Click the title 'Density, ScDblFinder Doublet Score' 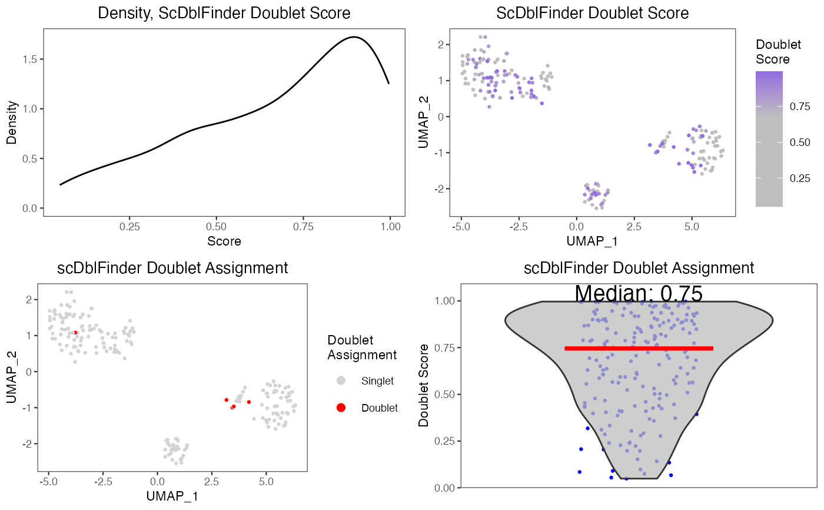coord(224,13)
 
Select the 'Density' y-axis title coord(12,123)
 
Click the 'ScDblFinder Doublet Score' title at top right coord(592,13)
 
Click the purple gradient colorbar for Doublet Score coord(769,139)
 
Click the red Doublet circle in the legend coord(341,408)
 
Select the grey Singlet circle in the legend coord(341,381)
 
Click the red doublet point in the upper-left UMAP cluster coord(75,333)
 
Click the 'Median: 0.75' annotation coord(639,293)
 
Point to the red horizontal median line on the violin coord(639,348)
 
